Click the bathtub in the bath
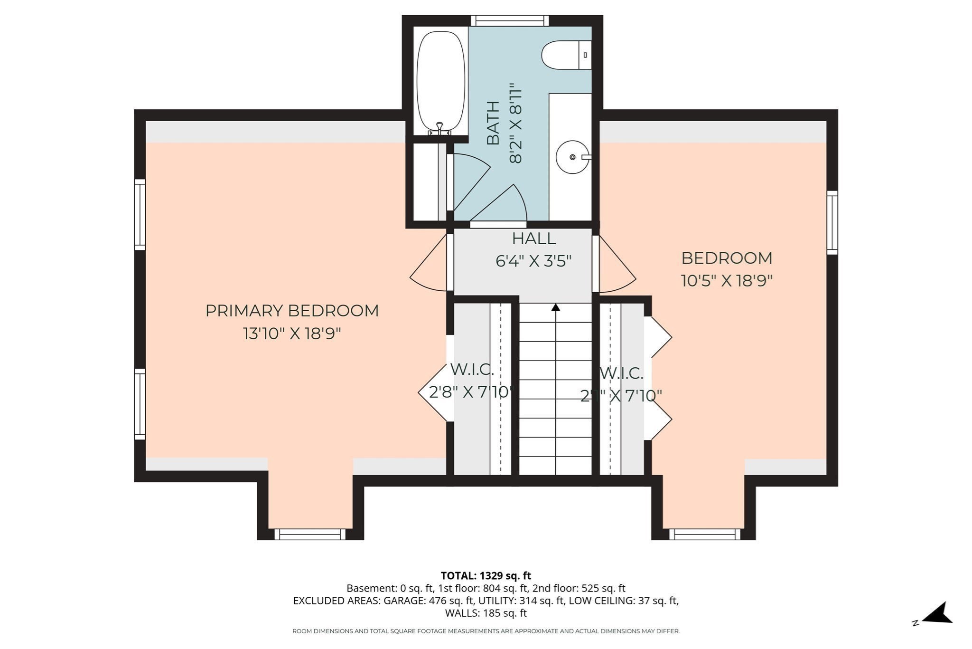(440, 81)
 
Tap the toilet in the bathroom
(565, 55)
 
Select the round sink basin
(572, 157)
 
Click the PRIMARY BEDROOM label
(292, 311)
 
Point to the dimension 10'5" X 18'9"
(727, 281)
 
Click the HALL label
(533, 238)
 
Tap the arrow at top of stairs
(556, 307)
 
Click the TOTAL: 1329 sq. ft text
(486, 575)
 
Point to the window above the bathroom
(510, 20)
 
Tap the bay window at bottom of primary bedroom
(310, 534)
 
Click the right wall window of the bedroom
(832, 222)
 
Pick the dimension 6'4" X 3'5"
(533, 261)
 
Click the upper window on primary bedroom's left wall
(140, 214)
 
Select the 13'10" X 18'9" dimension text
(292, 334)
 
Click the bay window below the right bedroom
(704, 534)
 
